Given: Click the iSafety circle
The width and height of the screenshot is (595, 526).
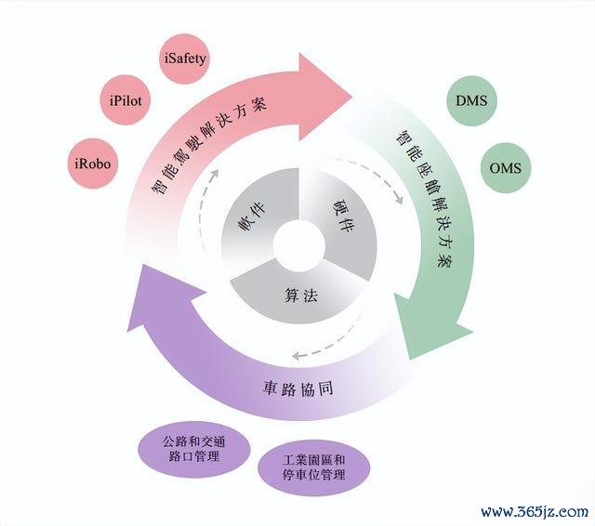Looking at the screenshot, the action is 184,59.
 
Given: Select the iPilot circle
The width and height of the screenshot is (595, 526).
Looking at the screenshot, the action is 126,100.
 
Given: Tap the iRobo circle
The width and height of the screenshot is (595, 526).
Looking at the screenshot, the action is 93,164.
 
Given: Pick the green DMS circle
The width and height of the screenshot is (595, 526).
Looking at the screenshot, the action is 471,100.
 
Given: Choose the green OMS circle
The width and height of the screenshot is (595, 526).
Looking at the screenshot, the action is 506,167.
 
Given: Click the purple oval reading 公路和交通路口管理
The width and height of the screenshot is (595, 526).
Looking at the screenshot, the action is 194,450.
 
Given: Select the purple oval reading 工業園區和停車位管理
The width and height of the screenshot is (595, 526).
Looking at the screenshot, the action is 314,467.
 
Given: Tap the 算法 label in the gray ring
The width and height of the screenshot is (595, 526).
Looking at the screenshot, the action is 300,296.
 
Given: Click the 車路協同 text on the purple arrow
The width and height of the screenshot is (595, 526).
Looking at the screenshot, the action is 297,388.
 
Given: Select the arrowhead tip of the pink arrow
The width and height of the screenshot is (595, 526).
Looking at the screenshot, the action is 351,97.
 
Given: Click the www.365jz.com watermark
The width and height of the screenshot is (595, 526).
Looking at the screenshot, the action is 535,512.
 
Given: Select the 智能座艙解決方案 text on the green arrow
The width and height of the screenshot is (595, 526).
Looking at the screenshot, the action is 425,198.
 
